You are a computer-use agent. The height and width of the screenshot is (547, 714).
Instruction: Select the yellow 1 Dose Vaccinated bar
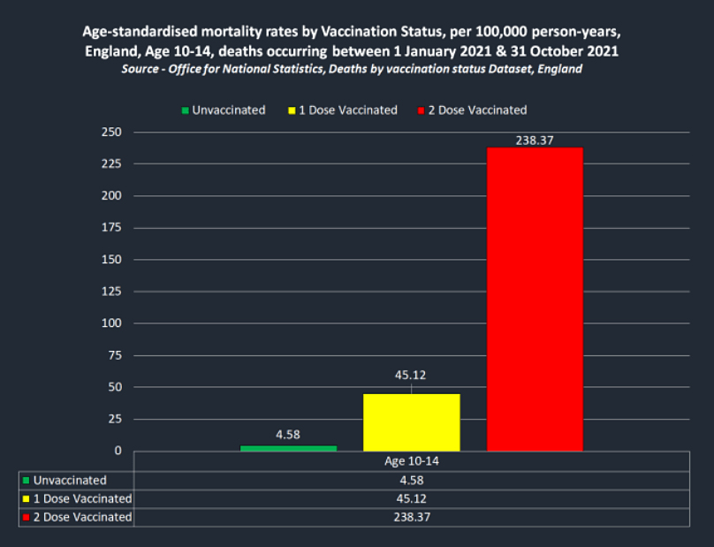click(x=412, y=422)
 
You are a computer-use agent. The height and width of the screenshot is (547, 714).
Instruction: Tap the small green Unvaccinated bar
click(x=288, y=448)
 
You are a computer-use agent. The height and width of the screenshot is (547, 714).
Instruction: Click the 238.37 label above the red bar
click(x=535, y=140)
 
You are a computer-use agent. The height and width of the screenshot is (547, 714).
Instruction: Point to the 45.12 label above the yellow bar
click(x=412, y=375)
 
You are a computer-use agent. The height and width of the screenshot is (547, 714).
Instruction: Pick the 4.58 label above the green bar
click(x=289, y=434)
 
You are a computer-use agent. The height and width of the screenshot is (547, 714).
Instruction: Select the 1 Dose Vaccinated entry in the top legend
click(x=344, y=110)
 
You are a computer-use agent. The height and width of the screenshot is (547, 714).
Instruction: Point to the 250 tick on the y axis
click(x=112, y=133)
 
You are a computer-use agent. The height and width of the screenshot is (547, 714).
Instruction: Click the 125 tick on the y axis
click(x=112, y=292)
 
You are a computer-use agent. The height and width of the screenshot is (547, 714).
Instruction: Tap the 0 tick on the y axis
click(x=118, y=451)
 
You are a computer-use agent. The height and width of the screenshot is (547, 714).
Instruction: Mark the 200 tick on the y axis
click(x=112, y=196)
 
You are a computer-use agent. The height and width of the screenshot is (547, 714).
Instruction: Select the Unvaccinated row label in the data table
click(x=70, y=481)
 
